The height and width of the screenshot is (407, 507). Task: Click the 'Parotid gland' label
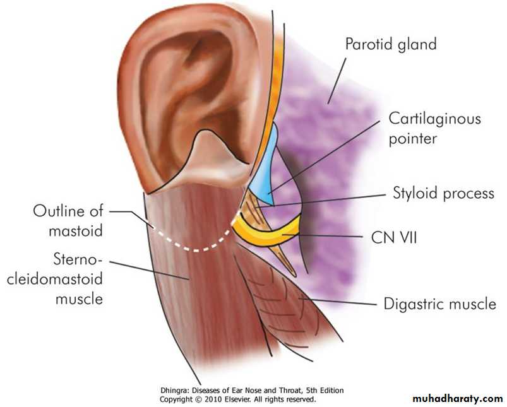point(391,44)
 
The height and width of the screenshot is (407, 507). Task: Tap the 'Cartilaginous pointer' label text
point(434,129)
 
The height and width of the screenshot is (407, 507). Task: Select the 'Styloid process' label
point(443,193)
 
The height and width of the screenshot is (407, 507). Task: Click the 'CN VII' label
point(394,238)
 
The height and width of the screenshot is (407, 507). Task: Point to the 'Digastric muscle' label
point(439,304)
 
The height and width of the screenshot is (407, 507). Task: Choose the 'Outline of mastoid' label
point(68,221)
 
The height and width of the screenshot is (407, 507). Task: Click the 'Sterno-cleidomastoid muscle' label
point(55,279)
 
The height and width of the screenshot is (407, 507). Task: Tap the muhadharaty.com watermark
point(458,399)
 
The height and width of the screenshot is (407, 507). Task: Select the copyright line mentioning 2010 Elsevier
point(237,399)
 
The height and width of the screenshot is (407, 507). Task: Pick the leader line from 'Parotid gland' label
point(337,81)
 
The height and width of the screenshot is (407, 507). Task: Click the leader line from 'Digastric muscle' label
point(338,302)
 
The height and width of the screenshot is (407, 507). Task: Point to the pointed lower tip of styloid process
point(294,275)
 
